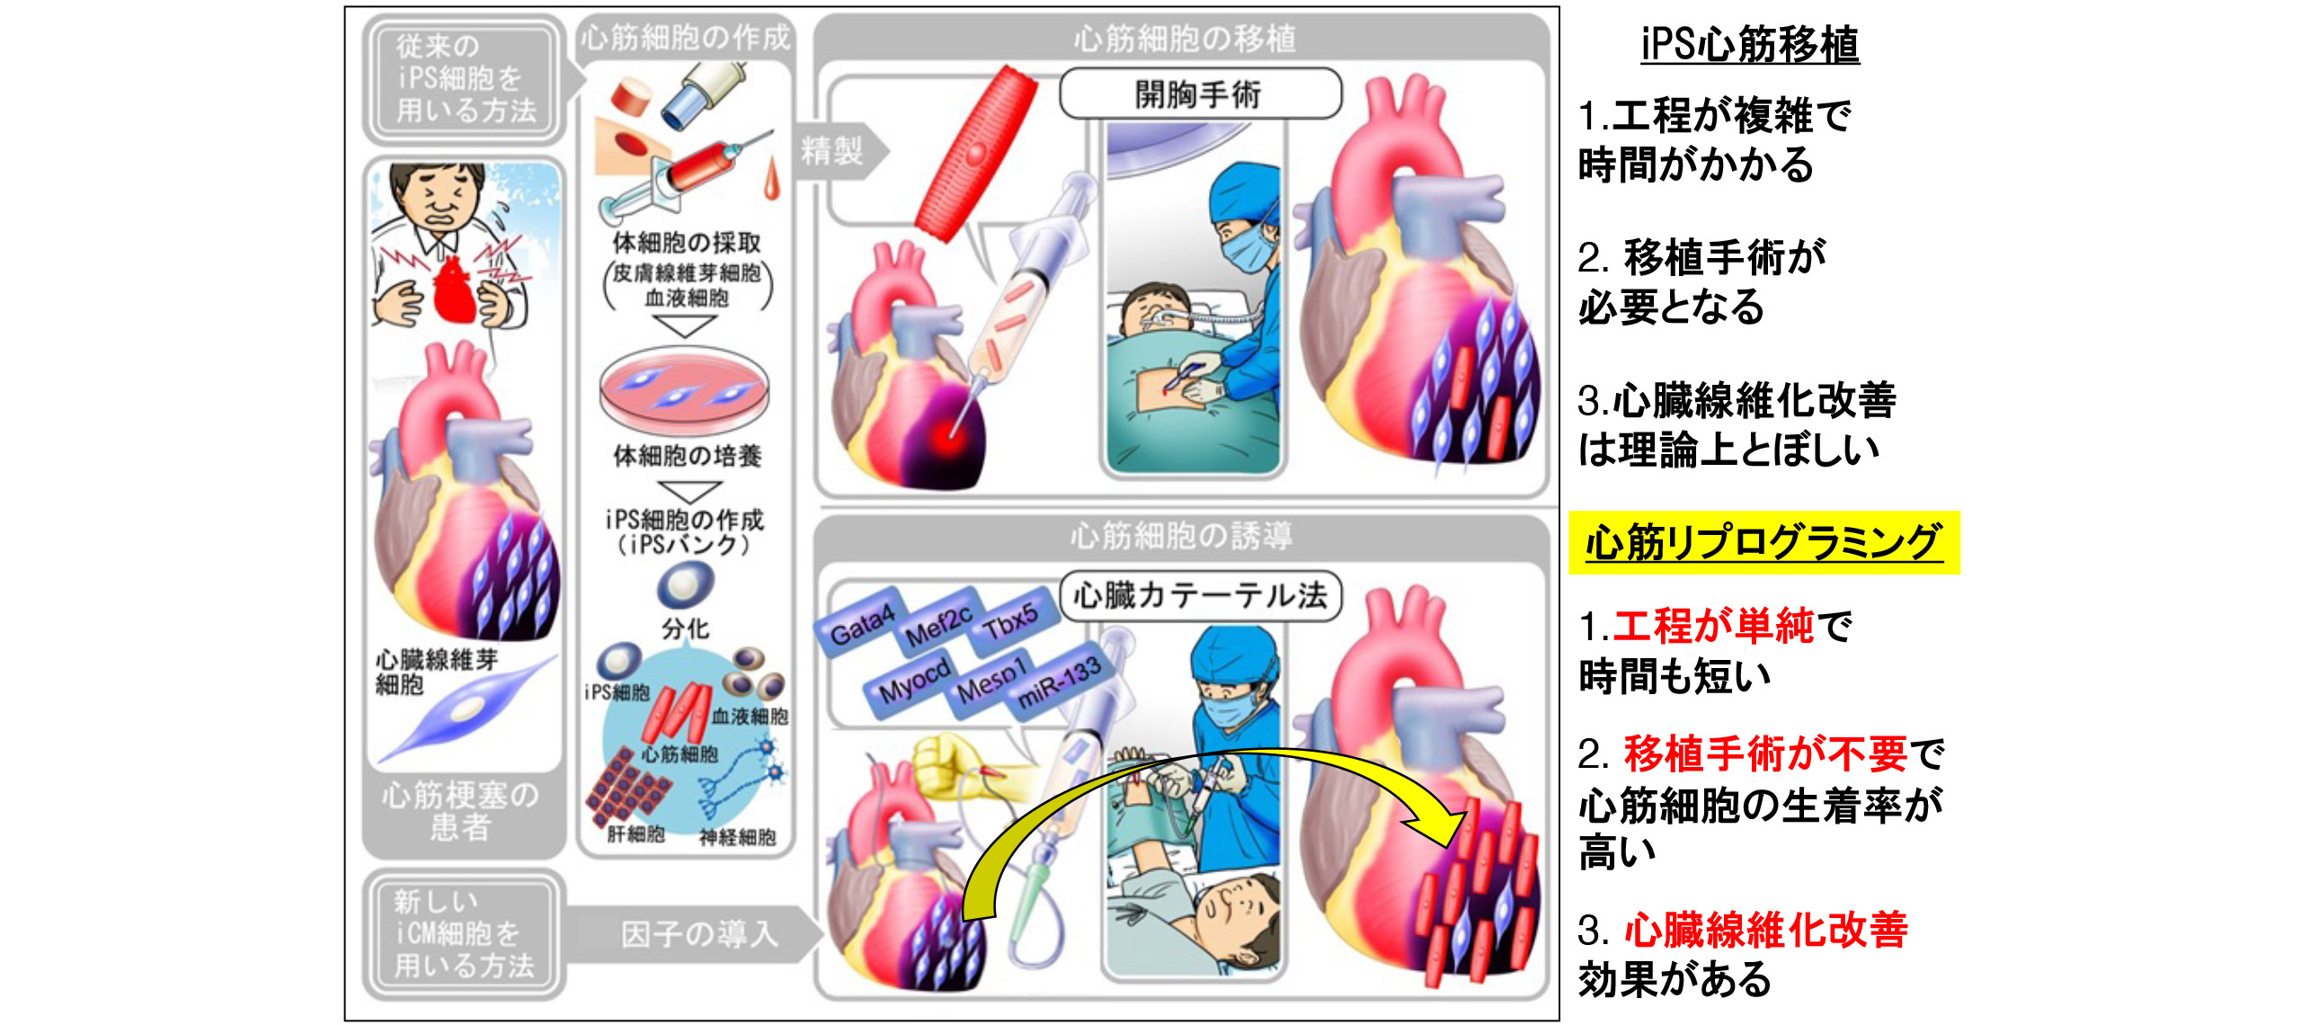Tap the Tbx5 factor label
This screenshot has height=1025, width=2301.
click(x=1010, y=619)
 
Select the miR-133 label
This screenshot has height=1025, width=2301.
click(x=1058, y=682)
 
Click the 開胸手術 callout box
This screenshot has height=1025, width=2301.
click(x=1199, y=94)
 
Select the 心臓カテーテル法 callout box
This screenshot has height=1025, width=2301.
click(x=1200, y=595)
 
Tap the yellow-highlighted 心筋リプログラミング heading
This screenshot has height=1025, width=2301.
click(x=1763, y=542)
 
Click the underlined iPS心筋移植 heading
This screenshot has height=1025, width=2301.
click(x=1749, y=44)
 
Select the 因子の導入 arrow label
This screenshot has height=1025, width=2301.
click(x=698, y=933)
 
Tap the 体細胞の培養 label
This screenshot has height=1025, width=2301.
click(x=688, y=456)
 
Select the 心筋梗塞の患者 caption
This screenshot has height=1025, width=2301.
click(x=460, y=810)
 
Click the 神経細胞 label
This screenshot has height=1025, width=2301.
click(x=737, y=837)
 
